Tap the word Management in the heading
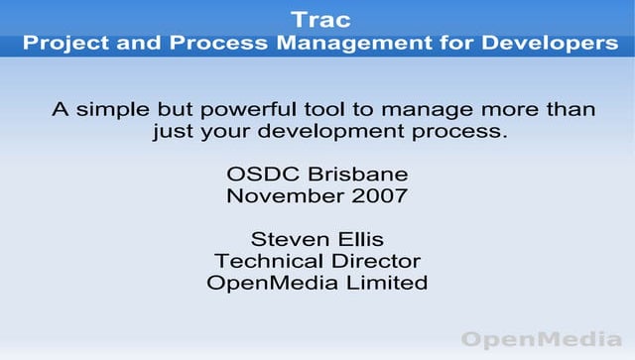point(384,44)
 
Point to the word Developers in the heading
point(550,44)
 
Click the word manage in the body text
point(442,110)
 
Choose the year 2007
point(379,195)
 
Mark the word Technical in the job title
point(267,261)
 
